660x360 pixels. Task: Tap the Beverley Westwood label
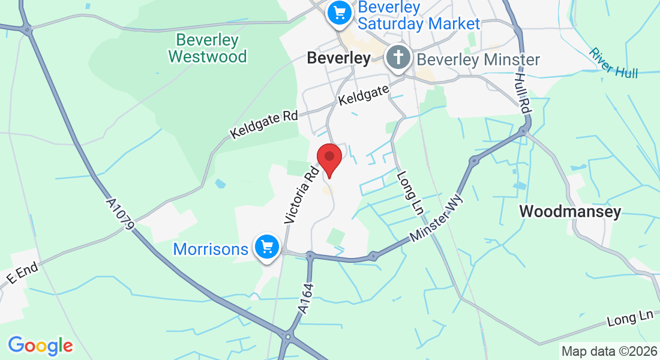208,49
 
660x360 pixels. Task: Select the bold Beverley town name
338,58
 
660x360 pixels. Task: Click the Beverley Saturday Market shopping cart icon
339,13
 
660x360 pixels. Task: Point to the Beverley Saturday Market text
419,16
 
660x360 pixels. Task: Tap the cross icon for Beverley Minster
398,59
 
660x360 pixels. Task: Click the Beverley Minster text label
478,59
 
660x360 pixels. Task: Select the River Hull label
613,62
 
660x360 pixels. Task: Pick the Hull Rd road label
523,89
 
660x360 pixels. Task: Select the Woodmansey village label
570,211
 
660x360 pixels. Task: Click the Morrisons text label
211,248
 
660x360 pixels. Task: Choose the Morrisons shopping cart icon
267,247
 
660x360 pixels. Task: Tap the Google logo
40,346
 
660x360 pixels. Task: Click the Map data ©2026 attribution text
609,351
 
